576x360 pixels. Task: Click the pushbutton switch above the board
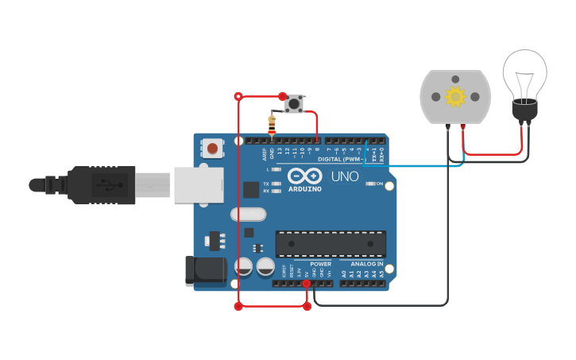294,103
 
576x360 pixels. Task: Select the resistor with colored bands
273,125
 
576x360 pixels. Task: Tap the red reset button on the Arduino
212,148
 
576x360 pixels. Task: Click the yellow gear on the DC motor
455,97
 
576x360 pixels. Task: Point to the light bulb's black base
524,110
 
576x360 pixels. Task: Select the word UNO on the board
344,176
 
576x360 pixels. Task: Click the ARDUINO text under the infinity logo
305,189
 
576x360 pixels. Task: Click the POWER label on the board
320,264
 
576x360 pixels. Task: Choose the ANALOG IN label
367,264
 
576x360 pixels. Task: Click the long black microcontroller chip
331,244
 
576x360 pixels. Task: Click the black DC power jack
204,270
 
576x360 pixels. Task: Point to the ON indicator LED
370,184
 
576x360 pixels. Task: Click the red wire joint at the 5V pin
307,283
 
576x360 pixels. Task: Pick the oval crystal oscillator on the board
249,214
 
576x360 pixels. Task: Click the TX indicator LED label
265,184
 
